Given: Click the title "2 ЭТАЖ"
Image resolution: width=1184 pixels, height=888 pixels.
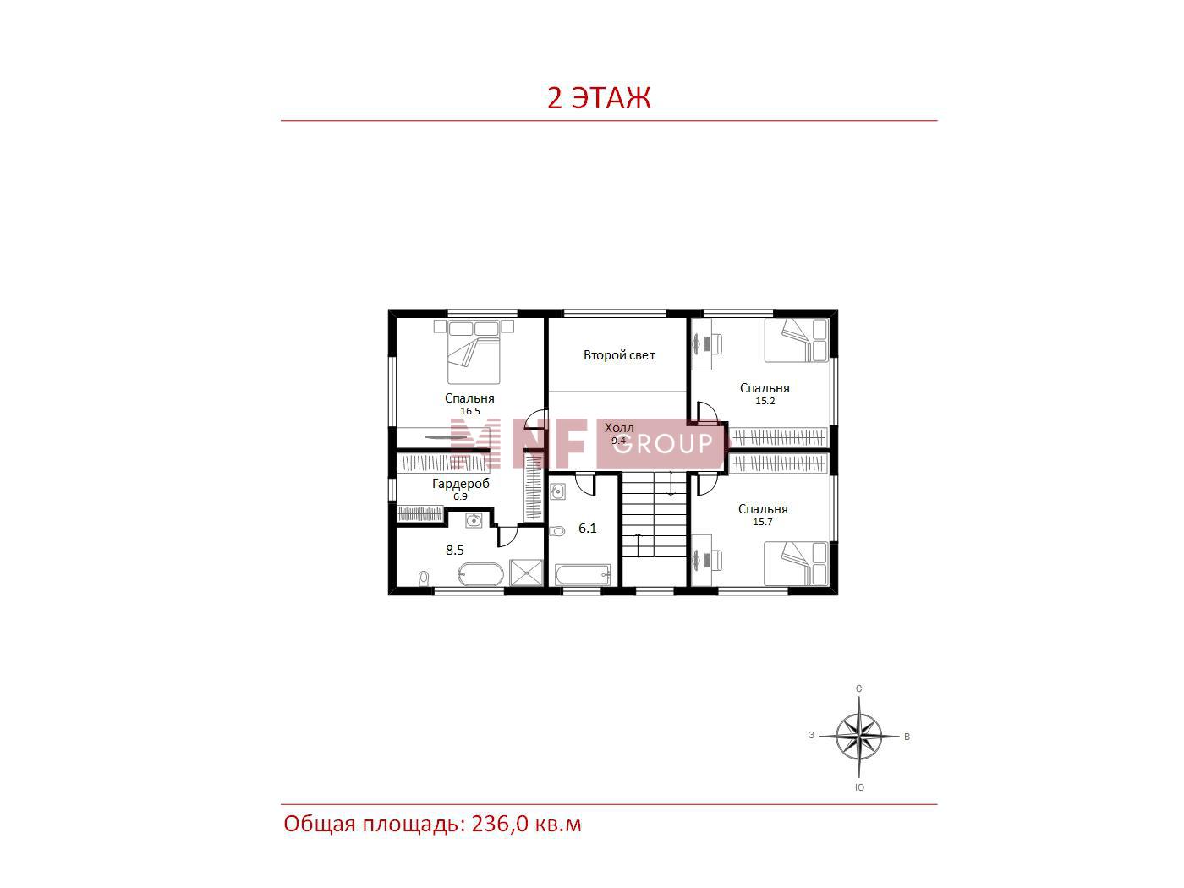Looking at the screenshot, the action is (598, 97).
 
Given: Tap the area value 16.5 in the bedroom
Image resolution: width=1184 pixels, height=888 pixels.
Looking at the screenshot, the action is (469, 411).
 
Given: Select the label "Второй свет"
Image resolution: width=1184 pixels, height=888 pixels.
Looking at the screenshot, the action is (619, 355).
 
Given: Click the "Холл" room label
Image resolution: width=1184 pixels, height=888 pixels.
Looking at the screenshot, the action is (619, 428).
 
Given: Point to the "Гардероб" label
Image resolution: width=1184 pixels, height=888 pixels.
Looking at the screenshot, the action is (461, 484).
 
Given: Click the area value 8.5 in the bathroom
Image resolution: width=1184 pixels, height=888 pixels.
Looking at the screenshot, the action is (455, 550).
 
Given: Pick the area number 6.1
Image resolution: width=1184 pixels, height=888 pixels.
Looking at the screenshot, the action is (588, 529).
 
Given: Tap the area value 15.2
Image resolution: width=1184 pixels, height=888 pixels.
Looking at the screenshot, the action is (765, 401).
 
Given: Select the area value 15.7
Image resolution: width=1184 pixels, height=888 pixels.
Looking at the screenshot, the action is (763, 522).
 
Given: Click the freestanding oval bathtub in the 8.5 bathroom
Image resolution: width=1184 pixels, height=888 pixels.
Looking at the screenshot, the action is (480, 574).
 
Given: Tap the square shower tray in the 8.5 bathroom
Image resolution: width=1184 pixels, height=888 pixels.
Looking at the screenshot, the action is (525, 572).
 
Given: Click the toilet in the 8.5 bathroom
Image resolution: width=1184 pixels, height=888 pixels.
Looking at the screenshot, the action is (424, 578).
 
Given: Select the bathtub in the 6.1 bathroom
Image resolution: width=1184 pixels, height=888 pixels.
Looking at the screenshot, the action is (583, 575).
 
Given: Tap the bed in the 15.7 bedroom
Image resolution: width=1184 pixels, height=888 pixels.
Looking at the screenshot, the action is (796, 564).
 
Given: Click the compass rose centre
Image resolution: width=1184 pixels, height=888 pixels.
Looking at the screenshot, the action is (858, 736).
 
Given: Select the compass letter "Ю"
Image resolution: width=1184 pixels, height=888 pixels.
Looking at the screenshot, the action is (859, 787).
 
